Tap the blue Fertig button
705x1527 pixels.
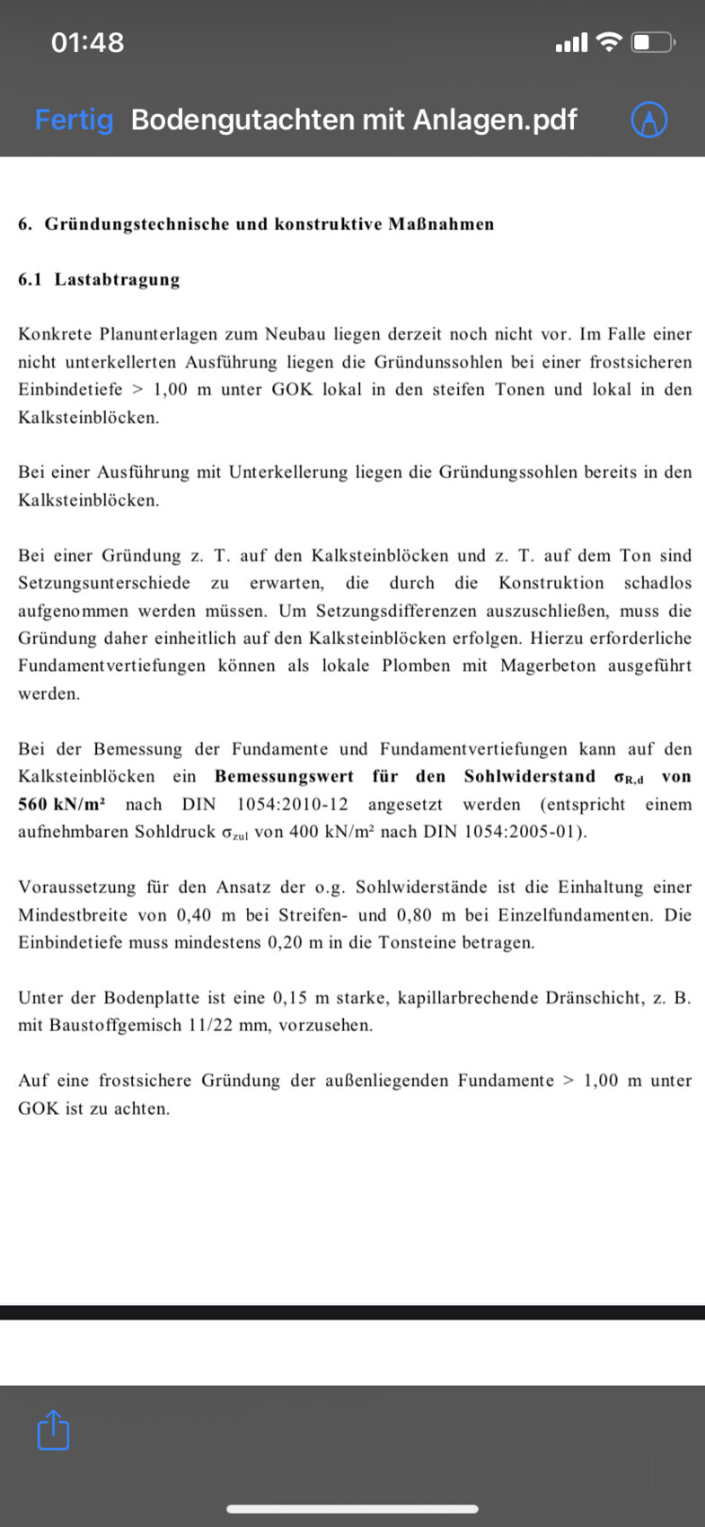[74, 119]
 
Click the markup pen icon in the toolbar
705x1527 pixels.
[648, 119]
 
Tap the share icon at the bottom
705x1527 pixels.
[53, 1430]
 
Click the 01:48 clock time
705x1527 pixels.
[87, 42]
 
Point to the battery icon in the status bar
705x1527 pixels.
[653, 42]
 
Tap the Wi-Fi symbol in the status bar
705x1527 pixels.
[609, 42]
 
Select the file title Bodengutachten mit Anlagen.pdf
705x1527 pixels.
[354, 119]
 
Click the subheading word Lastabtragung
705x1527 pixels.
[117, 279]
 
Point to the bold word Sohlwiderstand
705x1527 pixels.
[530, 776]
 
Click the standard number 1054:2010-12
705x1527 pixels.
[292, 804]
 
